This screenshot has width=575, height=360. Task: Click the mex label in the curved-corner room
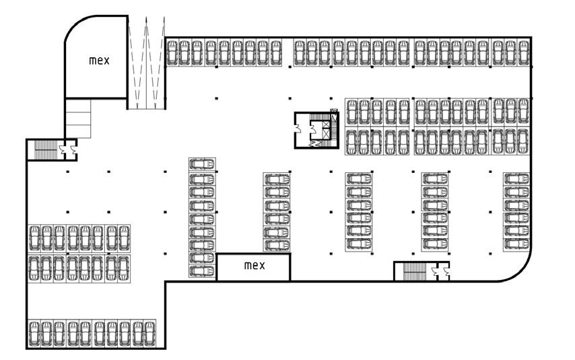[99, 60]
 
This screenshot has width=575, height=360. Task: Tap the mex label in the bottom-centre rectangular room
[255, 265]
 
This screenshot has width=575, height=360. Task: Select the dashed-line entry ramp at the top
[146, 64]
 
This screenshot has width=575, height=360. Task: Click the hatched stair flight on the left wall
[44, 149]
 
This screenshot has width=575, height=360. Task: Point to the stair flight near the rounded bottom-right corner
[413, 271]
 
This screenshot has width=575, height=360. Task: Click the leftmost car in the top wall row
[172, 52]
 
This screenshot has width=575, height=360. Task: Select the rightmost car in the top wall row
[523, 52]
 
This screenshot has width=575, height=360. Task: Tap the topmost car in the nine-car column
[202, 164]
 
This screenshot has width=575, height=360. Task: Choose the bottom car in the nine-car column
[202, 271]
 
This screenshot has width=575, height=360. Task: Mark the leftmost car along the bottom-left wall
[34, 332]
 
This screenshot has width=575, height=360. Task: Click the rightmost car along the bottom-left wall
[150, 332]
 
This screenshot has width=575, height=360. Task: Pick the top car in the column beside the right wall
[516, 179]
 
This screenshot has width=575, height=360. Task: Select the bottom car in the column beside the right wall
[516, 244]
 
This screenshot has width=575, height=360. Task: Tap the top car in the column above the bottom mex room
[276, 179]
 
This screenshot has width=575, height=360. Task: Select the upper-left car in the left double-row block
[34, 238]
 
